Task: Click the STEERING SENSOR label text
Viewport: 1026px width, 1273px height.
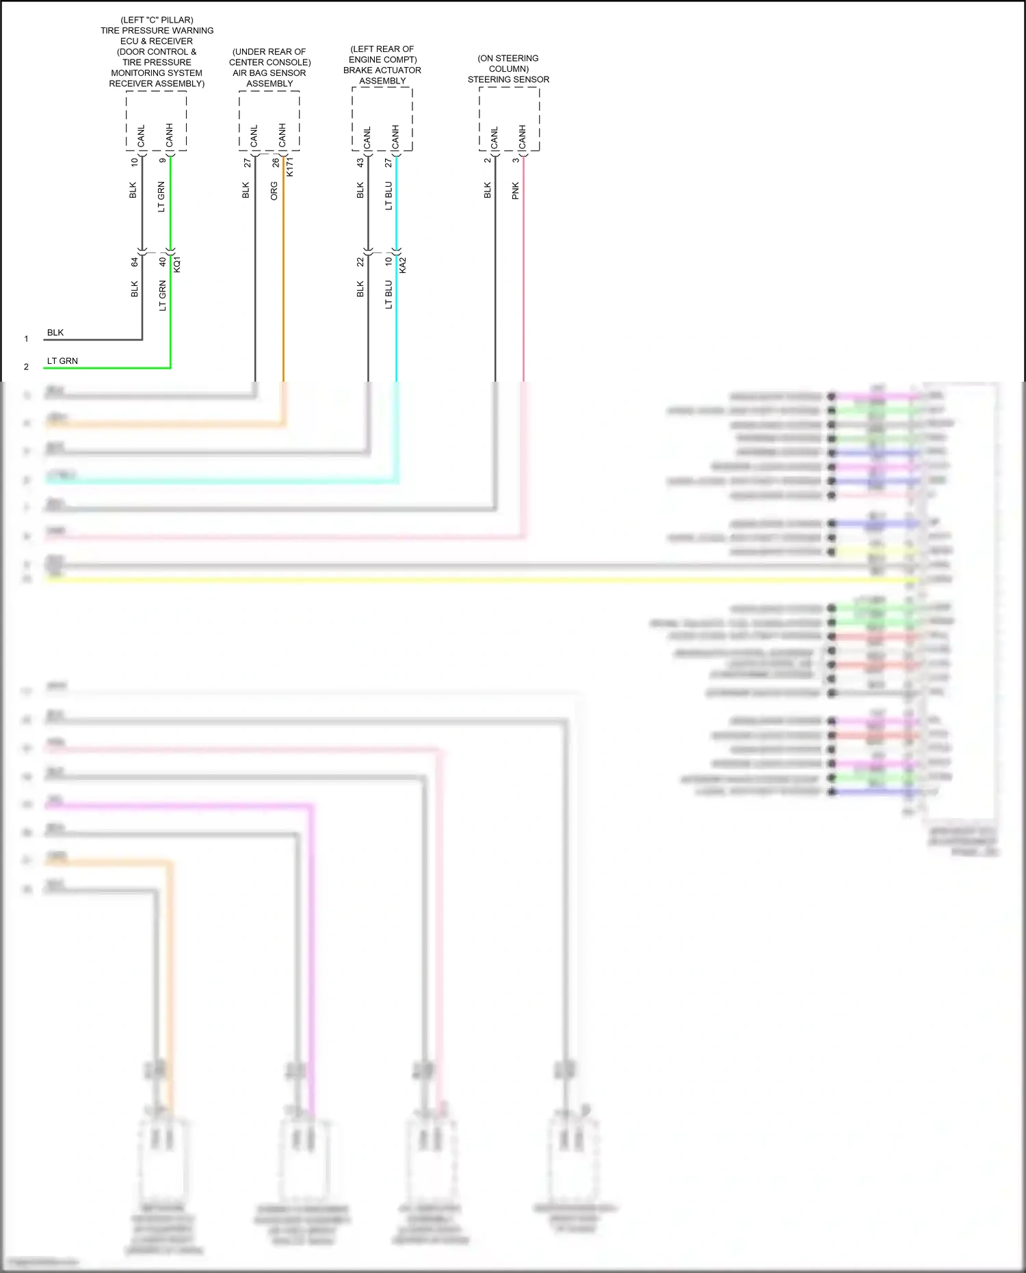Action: (508, 79)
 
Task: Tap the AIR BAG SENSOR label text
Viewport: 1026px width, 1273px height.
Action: (269, 73)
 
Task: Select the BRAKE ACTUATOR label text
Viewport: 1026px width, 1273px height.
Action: (382, 70)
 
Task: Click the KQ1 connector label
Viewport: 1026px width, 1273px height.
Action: (177, 264)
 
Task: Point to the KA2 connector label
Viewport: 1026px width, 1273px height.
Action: (403, 265)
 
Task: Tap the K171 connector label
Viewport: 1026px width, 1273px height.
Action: (290, 167)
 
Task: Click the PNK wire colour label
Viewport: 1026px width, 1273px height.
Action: (516, 191)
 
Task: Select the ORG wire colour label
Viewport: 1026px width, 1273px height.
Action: (274, 191)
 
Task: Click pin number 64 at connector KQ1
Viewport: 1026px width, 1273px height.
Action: (135, 261)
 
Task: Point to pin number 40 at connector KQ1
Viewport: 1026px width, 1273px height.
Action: (163, 261)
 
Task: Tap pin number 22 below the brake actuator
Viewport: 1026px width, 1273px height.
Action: (360, 262)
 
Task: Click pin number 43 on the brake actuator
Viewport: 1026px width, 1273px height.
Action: (360, 163)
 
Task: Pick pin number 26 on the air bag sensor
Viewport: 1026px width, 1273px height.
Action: (276, 163)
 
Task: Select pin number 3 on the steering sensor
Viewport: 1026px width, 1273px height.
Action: (516, 161)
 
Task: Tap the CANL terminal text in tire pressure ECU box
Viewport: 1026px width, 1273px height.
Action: (142, 136)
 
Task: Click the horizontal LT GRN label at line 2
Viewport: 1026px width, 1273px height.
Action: (62, 361)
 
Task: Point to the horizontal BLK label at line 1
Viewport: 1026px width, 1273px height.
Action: (55, 333)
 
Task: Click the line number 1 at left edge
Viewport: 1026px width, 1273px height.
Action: (27, 339)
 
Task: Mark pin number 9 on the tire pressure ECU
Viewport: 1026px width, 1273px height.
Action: (163, 161)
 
